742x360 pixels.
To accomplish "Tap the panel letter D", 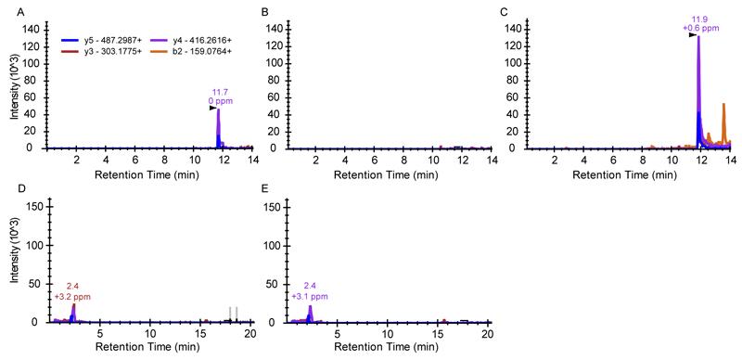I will pos(6,188).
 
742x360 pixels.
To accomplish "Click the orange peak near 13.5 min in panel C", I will pos(723,105).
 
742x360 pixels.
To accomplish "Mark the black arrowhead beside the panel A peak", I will pos(212,109).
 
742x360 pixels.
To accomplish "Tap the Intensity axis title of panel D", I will pos(11,262).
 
